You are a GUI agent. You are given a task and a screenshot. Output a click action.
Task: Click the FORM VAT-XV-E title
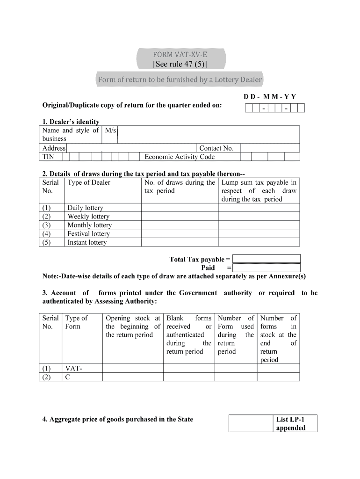click(x=180, y=54)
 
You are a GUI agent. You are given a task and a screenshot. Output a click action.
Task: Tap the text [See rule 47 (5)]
click(x=180, y=64)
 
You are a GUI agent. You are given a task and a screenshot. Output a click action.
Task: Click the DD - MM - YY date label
click(x=269, y=97)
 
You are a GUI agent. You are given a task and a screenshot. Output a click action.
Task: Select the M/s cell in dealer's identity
click(x=110, y=131)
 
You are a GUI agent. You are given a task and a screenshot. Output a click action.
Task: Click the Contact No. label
click(x=216, y=148)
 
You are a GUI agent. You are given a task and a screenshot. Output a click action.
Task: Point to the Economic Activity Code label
click(x=180, y=157)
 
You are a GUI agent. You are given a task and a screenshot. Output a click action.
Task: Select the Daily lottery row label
click(x=85, y=208)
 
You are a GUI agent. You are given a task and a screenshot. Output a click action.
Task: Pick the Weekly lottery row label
click(x=88, y=217)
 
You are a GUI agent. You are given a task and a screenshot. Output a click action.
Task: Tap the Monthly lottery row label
click(x=89, y=225)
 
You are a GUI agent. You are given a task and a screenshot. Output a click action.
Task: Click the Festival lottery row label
click(x=88, y=234)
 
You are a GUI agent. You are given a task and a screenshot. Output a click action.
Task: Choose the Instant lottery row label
click(x=87, y=242)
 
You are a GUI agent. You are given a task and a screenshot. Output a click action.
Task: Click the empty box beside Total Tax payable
click(x=266, y=259)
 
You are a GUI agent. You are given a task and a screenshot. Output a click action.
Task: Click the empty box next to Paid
click(x=266, y=268)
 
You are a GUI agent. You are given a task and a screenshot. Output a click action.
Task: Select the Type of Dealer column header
click(x=89, y=182)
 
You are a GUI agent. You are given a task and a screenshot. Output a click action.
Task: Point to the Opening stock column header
click(x=133, y=327)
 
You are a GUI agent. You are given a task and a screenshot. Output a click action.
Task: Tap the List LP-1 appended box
click(x=290, y=423)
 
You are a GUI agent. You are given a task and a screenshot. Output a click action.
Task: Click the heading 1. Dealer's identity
click(x=71, y=122)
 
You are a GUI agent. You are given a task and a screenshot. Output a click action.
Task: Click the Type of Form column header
click(x=76, y=322)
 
